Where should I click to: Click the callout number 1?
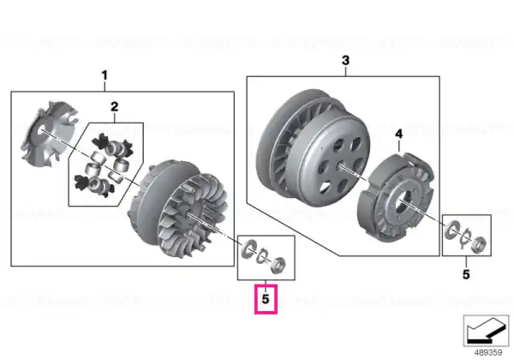click(x=105, y=75)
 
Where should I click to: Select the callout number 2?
click(x=115, y=106)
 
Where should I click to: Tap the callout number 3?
click(x=345, y=61)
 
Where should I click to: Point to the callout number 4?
click(x=398, y=134)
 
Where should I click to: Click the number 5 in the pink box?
click(x=266, y=298)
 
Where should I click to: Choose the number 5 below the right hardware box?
click(x=466, y=274)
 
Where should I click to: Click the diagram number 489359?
click(x=487, y=352)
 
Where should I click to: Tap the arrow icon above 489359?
click(x=486, y=331)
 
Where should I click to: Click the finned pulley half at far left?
click(x=49, y=134)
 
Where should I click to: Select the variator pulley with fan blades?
click(x=179, y=207)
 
